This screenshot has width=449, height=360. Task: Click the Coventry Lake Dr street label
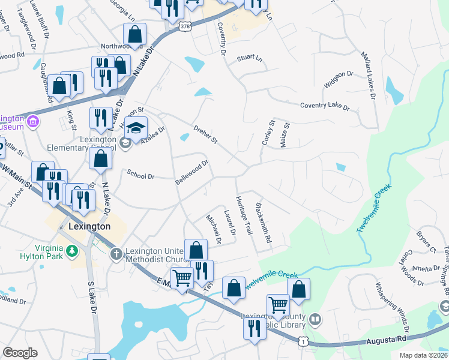coord(325,106)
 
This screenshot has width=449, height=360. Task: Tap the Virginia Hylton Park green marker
coord(73,250)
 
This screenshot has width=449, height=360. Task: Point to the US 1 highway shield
coord(304,340)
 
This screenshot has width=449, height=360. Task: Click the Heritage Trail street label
coord(244,215)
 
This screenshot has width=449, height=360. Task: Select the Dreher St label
coord(205,134)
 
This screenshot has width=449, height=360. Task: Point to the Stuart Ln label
coord(250,58)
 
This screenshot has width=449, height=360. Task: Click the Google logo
coord(20,353)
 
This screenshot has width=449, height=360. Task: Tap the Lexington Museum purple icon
coord(33,122)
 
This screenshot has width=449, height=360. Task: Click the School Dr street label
coord(141,175)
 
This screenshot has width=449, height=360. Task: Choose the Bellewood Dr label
coord(191,172)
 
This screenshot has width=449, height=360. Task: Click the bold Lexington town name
coord(89,227)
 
